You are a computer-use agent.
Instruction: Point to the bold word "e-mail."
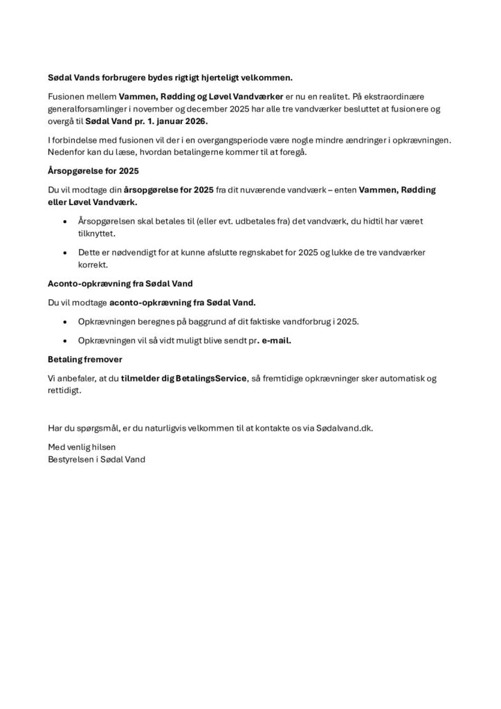(x=274, y=341)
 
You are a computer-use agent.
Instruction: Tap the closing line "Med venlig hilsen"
(x=82, y=447)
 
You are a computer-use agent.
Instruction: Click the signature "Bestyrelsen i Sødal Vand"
(x=96, y=459)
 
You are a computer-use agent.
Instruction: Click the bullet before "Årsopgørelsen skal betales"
(x=64, y=222)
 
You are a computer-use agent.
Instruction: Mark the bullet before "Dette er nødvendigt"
(x=64, y=253)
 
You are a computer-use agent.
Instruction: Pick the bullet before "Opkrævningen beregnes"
(x=64, y=322)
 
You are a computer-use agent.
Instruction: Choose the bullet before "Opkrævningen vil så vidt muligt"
(x=64, y=341)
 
